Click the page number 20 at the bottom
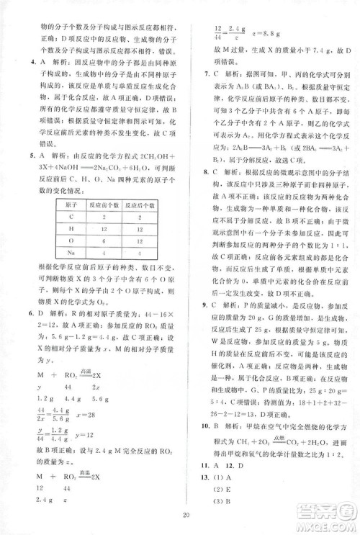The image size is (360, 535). [185, 514]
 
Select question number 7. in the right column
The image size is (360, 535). [207, 74]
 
